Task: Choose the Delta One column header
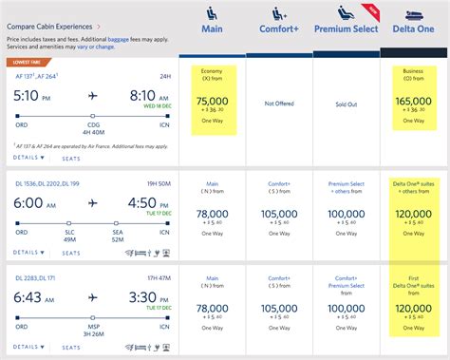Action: click(413, 28)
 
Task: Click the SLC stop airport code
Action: click(72, 229)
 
